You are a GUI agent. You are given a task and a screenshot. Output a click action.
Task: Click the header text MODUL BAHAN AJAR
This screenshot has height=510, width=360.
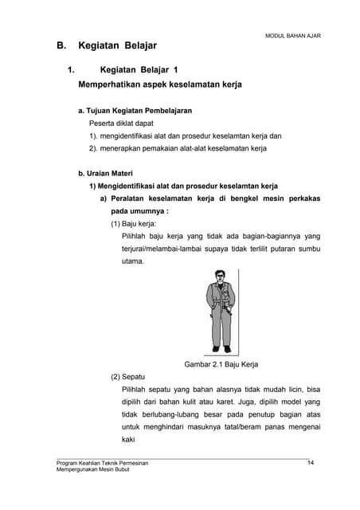(x=292, y=36)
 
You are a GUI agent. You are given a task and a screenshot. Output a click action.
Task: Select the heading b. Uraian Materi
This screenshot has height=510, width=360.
(x=105, y=173)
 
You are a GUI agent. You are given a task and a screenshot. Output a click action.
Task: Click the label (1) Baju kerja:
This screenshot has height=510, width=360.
(x=134, y=224)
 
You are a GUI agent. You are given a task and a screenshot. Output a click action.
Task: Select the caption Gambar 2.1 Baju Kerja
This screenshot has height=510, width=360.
(x=222, y=365)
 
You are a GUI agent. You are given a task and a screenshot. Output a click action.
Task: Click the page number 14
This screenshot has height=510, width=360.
(x=311, y=463)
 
